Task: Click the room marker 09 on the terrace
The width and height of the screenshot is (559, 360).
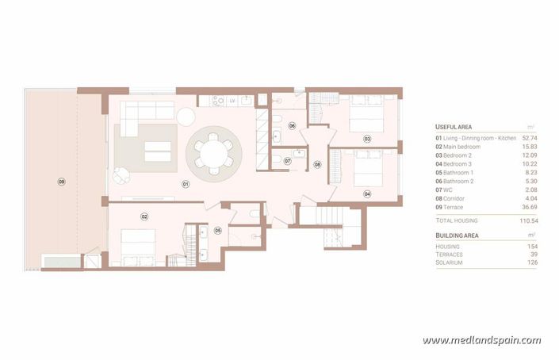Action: coord(61,182)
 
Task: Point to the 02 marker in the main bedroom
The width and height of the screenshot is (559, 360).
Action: coord(144,216)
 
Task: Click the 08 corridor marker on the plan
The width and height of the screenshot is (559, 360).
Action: coord(317,164)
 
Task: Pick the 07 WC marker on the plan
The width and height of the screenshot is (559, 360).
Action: coord(288,161)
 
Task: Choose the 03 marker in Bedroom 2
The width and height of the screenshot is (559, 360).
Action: coord(367,139)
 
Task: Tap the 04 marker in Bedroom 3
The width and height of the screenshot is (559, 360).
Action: coord(367,193)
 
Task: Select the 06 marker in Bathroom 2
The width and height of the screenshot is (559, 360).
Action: coord(291,125)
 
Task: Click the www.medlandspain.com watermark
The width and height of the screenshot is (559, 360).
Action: coord(481,341)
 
